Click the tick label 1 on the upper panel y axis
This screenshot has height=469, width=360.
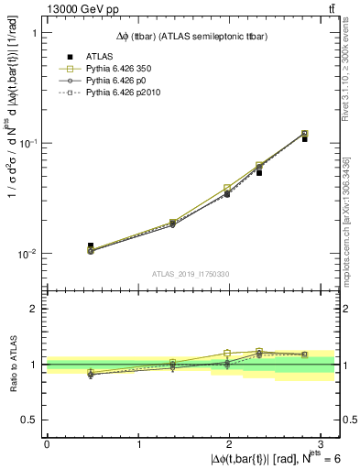(35, 33)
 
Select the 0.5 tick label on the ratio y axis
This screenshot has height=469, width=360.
(30, 420)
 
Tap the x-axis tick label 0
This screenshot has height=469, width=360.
(47, 443)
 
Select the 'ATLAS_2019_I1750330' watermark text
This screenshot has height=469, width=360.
(191, 274)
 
